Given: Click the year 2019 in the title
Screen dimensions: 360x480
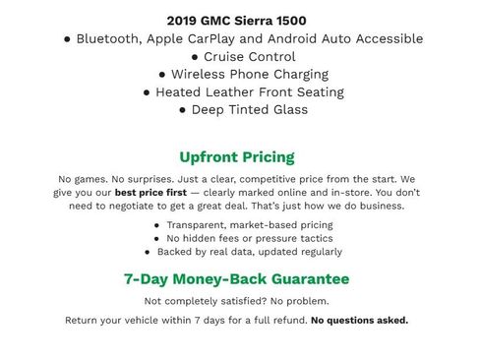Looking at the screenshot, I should pos(182,20).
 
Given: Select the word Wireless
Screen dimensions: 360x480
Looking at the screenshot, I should pos(201,74).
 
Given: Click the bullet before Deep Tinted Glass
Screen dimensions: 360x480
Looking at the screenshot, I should pos(183,110).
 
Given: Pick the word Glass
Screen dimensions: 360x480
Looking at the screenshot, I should pos(288,109).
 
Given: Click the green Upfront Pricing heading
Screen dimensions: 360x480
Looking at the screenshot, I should pos(236,156).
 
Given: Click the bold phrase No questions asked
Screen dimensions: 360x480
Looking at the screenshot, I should pos(359,321).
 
